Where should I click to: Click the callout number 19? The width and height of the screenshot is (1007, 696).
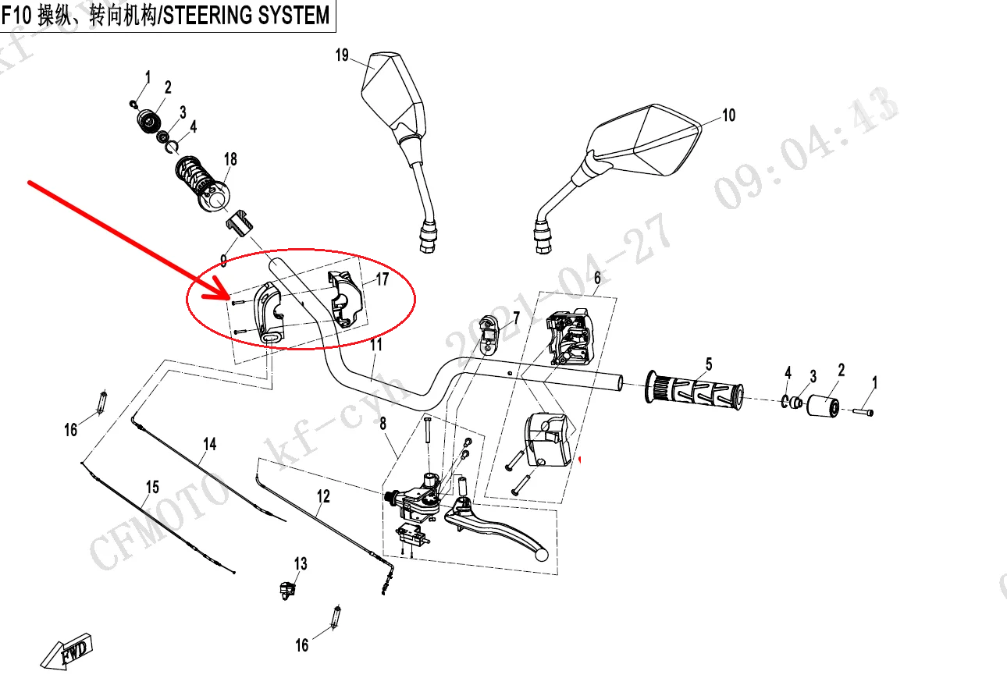tap(342, 55)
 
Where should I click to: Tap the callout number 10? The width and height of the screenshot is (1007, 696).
tap(728, 115)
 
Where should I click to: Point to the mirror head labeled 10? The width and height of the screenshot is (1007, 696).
tap(648, 140)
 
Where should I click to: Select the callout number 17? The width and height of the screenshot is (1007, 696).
tap(382, 279)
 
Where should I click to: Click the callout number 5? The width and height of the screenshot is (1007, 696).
tap(709, 364)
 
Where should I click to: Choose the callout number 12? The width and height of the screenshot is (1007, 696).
tap(323, 496)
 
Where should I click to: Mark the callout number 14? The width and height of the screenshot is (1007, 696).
tap(209, 444)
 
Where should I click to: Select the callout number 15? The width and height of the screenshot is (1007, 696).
tap(152, 487)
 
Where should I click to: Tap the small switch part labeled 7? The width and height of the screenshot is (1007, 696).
tap(490, 332)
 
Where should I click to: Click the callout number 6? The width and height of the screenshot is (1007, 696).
tap(597, 278)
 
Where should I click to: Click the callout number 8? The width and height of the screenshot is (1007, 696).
tap(383, 424)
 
